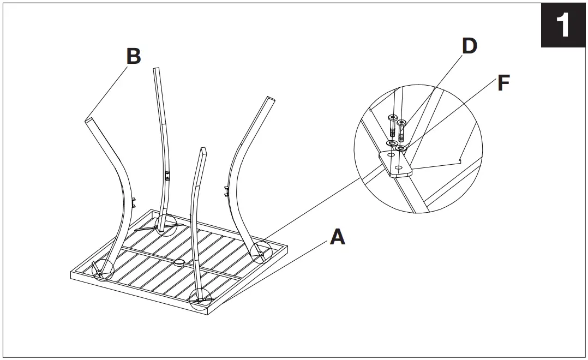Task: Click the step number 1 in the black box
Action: pos(563,26)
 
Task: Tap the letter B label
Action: pos(133,56)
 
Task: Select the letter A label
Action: pos(338,237)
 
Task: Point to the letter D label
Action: pos(469,46)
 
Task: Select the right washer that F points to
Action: pos(401,148)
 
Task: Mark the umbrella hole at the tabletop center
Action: pos(179,263)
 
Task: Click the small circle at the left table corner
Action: pos(103,269)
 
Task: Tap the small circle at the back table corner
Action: pos(166,224)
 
